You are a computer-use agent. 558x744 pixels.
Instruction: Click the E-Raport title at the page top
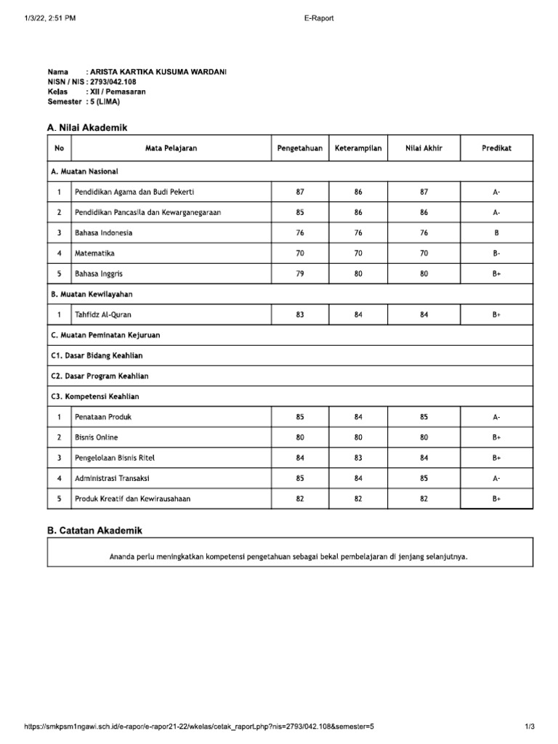[x=318, y=19]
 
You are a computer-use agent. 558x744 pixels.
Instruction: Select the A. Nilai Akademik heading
[x=87, y=127]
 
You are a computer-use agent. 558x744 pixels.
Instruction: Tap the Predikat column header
[x=496, y=148]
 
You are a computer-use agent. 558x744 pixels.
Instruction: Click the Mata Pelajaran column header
[x=171, y=148]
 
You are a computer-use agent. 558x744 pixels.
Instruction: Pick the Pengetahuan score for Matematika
[x=300, y=254]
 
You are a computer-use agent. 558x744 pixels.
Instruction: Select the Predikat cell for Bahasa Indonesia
[x=496, y=233]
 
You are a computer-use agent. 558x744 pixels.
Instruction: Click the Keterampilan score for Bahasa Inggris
[x=358, y=274]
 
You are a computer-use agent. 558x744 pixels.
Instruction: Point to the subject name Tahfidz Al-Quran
[x=103, y=315]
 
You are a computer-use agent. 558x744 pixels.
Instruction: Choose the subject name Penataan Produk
[x=103, y=417]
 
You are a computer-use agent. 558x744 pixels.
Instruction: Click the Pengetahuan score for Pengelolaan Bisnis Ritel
[x=300, y=458]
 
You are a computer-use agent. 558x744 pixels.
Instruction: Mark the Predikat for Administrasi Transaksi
[x=496, y=479]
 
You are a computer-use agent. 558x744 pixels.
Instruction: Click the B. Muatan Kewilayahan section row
[x=92, y=294]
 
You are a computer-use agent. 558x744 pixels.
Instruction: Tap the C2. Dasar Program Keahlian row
[x=100, y=376]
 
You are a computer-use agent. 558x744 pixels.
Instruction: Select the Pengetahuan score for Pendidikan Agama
[x=300, y=192]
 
